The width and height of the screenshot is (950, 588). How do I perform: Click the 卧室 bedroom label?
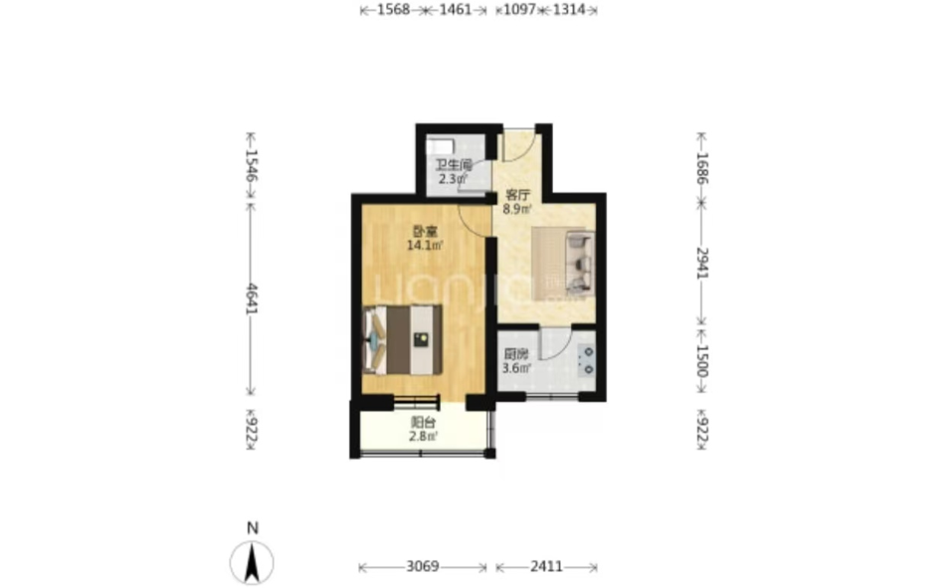tap(425, 231)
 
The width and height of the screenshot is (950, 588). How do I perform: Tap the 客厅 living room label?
tap(517, 195)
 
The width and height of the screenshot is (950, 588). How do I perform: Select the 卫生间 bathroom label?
tap(454, 165)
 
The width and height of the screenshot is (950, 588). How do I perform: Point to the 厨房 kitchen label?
tap(516, 355)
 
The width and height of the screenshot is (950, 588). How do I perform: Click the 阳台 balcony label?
tap(423, 423)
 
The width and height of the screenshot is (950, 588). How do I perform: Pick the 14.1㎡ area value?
tap(425, 246)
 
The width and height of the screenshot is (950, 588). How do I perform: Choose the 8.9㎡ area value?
tap(517, 210)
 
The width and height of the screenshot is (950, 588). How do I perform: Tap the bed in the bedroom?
tap(402, 340)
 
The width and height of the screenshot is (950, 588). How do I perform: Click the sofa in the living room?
tap(579, 264)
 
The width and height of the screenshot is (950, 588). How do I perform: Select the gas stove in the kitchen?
tap(587, 360)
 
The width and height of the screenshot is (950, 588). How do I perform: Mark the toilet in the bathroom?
tap(441, 146)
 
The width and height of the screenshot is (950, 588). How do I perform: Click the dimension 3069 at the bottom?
tap(423, 567)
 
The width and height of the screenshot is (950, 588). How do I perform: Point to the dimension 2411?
tap(546, 567)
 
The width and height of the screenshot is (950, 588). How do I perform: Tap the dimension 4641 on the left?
tap(252, 298)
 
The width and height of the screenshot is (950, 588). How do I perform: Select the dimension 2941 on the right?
tap(701, 263)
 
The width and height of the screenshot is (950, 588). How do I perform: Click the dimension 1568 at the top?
tap(393, 10)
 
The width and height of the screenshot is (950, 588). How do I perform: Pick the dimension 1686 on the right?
tap(701, 168)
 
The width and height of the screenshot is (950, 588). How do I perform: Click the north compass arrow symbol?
tap(252, 562)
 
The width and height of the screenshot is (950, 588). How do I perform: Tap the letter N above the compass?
tap(253, 528)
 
